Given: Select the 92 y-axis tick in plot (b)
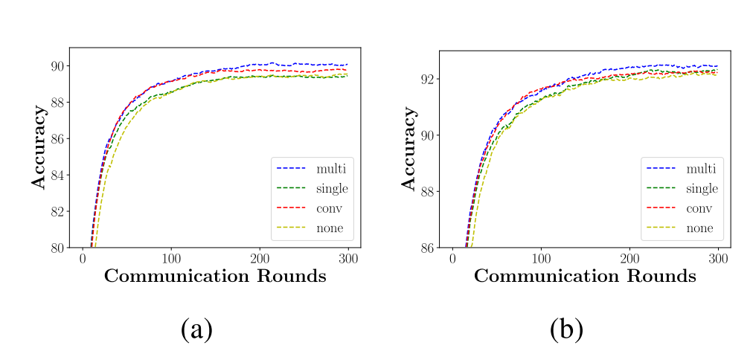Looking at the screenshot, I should coord(426,79).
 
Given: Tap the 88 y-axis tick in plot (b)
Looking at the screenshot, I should coord(426,191).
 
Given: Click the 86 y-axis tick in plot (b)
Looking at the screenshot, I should coord(426,247).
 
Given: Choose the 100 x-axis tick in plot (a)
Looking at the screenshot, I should coord(171,257).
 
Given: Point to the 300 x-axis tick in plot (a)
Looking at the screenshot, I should coord(347,257).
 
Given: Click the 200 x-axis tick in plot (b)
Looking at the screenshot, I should coord(629,257).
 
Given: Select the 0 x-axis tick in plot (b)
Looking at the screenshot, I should coord(452,257).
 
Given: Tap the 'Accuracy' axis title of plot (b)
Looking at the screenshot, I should coord(408,149).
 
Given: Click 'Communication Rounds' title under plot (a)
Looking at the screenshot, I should coord(215,276).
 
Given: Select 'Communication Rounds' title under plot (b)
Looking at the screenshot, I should coord(585,276).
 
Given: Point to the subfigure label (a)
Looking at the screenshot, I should coord(197,329).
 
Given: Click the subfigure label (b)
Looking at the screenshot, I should coord(566,329).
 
